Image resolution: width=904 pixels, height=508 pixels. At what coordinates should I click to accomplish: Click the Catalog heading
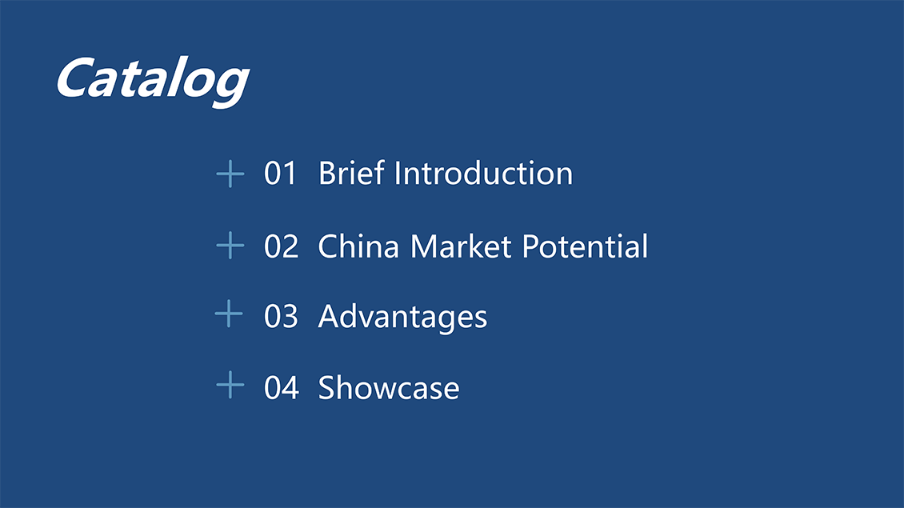pyautogui.click(x=153, y=81)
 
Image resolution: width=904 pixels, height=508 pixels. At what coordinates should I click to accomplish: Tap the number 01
pyautogui.click(x=280, y=173)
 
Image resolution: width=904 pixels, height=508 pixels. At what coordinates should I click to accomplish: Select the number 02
pyautogui.click(x=282, y=246)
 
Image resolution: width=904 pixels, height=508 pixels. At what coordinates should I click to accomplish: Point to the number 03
pyautogui.click(x=281, y=316)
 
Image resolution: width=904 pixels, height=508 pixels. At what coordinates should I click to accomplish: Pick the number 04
pyautogui.click(x=282, y=387)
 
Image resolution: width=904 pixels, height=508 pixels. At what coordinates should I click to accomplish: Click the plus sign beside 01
pyautogui.click(x=230, y=174)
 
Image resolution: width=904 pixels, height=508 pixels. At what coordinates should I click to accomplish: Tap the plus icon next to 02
pyautogui.click(x=230, y=245)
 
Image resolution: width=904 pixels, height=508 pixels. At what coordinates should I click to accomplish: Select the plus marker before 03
pyautogui.click(x=229, y=314)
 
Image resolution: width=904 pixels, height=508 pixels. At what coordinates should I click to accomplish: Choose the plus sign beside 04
pyautogui.click(x=230, y=385)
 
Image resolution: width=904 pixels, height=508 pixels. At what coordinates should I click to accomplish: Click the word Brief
pyautogui.click(x=351, y=173)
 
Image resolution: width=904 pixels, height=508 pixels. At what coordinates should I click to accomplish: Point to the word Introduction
pyautogui.click(x=483, y=173)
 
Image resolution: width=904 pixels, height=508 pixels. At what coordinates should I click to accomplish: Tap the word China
pyautogui.click(x=358, y=246)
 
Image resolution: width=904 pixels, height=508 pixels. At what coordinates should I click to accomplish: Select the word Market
pyautogui.click(x=461, y=246)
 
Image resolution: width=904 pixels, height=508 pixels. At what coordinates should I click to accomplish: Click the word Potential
pyautogui.click(x=585, y=246)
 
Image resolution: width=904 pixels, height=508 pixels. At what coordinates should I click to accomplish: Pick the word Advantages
pyautogui.click(x=402, y=317)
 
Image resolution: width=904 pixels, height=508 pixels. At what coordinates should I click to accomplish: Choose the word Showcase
pyautogui.click(x=389, y=387)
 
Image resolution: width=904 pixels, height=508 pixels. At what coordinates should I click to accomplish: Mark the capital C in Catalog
pyautogui.click(x=76, y=78)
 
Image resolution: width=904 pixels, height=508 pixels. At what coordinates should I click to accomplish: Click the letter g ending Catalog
pyautogui.click(x=231, y=86)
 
